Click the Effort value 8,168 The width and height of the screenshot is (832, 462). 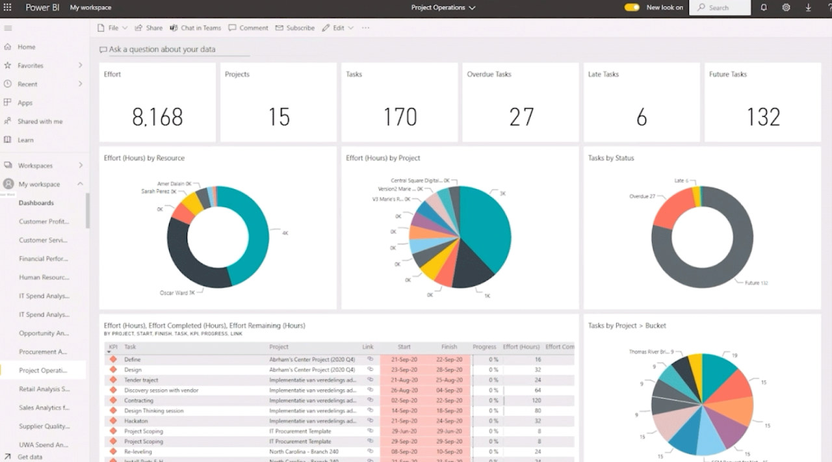point(157,117)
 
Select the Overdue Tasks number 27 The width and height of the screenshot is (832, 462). point(521,117)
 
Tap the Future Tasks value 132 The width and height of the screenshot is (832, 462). point(763,117)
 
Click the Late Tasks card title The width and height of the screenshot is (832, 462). point(603,74)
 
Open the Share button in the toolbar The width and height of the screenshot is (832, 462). point(149,28)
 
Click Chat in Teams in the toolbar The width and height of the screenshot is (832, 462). point(196,28)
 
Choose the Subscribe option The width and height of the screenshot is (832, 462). point(295,28)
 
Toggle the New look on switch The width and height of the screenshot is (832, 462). point(631,8)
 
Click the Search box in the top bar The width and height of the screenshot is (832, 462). point(720,8)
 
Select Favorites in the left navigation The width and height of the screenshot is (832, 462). point(31,66)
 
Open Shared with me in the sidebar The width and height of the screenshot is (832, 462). point(40,122)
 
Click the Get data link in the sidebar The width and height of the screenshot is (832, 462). point(30,457)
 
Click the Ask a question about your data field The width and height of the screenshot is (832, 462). point(162,49)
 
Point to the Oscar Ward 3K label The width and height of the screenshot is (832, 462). point(177,293)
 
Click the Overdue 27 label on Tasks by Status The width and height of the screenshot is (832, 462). point(642,196)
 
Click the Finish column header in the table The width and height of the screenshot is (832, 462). point(449,347)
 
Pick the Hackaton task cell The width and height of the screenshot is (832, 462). point(136,421)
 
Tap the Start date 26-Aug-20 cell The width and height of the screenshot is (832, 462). point(404,391)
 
